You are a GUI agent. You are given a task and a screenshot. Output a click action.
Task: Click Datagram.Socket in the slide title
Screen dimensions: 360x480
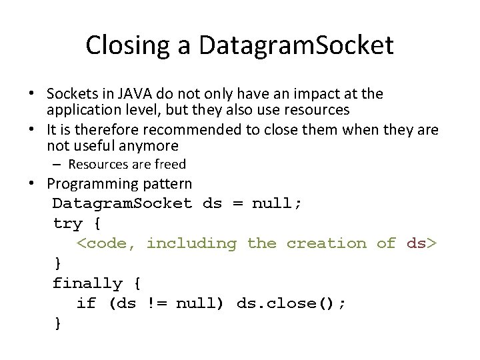(296, 45)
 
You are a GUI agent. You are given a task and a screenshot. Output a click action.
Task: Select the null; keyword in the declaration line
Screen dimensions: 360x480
(277, 203)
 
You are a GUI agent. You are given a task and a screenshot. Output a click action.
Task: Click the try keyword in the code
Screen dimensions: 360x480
(67, 223)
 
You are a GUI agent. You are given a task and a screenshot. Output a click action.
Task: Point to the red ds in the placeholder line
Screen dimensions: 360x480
(417, 243)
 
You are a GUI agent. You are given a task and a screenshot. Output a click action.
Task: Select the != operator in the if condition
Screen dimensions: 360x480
(156, 303)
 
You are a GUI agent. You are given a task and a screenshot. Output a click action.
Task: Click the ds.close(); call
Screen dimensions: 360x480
(291, 303)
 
